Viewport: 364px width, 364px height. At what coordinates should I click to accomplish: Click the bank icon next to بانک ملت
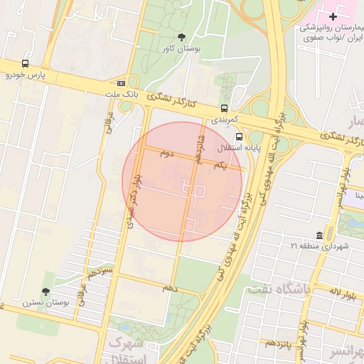tap(121, 82)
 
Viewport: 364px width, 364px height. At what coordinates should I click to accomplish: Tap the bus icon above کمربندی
tap(225, 109)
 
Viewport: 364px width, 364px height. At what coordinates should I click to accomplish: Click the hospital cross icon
tap(333, 16)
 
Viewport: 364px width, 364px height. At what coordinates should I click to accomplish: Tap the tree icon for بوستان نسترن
tap(46, 291)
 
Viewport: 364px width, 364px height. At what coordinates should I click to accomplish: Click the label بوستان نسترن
tap(47, 303)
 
